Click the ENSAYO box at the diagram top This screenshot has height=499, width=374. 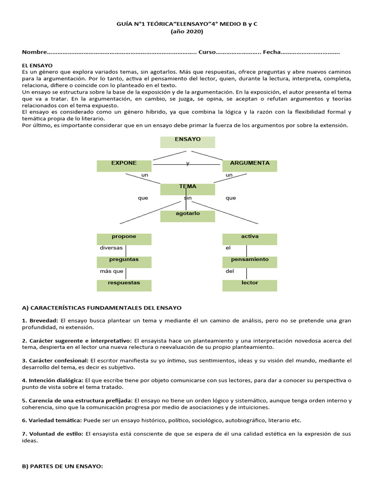[187, 142]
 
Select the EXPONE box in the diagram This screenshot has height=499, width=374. [124, 166]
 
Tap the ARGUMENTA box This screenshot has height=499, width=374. [250, 166]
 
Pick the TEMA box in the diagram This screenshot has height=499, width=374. [187, 189]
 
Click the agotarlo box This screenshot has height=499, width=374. [187, 216]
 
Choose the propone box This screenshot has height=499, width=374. [124, 239]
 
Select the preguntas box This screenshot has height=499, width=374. [124, 262]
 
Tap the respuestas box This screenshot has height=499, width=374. [124, 285]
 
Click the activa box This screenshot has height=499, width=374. [250, 239]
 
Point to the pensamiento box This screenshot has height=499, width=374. [250, 262]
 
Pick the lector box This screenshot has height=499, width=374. [250, 285]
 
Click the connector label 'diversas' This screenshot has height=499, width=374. [111, 248]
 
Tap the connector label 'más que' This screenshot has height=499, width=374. [112, 271]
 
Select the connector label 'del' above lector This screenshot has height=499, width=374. [230, 271]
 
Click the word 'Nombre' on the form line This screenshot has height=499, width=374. [35, 52]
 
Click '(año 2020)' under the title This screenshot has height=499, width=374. [187, 32]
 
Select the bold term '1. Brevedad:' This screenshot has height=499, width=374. [40, 321]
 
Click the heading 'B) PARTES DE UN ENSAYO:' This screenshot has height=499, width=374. [63, 466]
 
